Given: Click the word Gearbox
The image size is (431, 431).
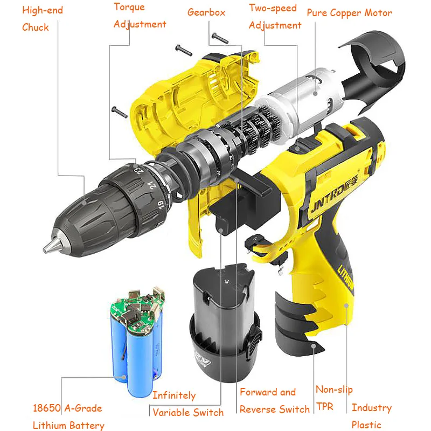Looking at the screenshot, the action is tap(206, 12).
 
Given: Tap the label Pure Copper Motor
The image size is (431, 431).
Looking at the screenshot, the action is tap(349, 13).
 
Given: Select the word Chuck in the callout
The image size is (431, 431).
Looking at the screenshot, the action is tap(36, 27).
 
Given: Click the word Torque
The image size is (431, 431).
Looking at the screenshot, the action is tap(129, 7).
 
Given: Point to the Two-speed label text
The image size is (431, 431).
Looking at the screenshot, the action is tap(273, 8).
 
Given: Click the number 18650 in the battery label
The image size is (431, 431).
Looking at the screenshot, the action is tap(46, 408).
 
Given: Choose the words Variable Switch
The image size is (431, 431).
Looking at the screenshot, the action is tap(188, 413).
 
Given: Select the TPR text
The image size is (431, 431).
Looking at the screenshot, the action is tap(325, 406).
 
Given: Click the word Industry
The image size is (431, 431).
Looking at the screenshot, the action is tap(372, 408).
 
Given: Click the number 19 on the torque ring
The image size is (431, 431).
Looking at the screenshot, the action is tap(161, 205).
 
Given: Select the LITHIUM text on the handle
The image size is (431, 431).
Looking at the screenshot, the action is tap(346, 279).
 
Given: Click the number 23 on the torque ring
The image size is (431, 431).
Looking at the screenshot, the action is tap(138, 170).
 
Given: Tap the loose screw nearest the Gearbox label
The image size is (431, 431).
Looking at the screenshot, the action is tap(220, 38).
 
